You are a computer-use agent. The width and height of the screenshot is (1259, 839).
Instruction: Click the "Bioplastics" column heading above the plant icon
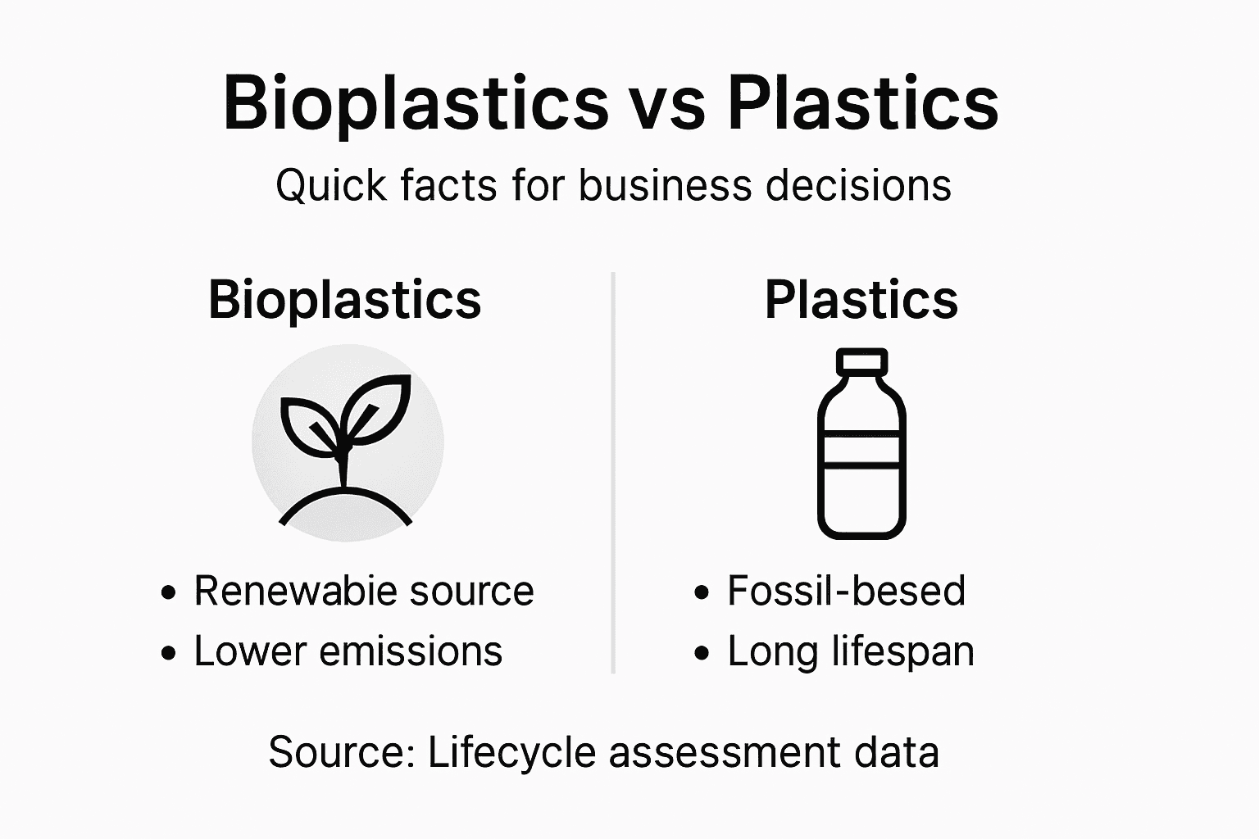[344, 300]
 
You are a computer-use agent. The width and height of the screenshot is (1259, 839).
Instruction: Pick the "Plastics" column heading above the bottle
[861, 300]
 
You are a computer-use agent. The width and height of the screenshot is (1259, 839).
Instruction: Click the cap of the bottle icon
[861, 361]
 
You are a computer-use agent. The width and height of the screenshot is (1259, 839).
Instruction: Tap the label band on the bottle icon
[861, 449]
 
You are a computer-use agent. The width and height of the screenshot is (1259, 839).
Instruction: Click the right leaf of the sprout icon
[378, 407]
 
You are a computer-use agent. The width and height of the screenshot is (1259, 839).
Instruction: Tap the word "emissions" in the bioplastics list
[411, 652]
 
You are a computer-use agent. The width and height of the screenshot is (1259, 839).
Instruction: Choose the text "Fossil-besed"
[846, 592]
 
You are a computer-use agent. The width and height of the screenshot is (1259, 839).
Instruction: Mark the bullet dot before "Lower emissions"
[169, 653]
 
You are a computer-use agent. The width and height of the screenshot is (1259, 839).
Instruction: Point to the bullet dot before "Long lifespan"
[702, 653]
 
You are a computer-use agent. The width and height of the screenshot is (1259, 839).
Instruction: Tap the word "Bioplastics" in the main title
[416, 105]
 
